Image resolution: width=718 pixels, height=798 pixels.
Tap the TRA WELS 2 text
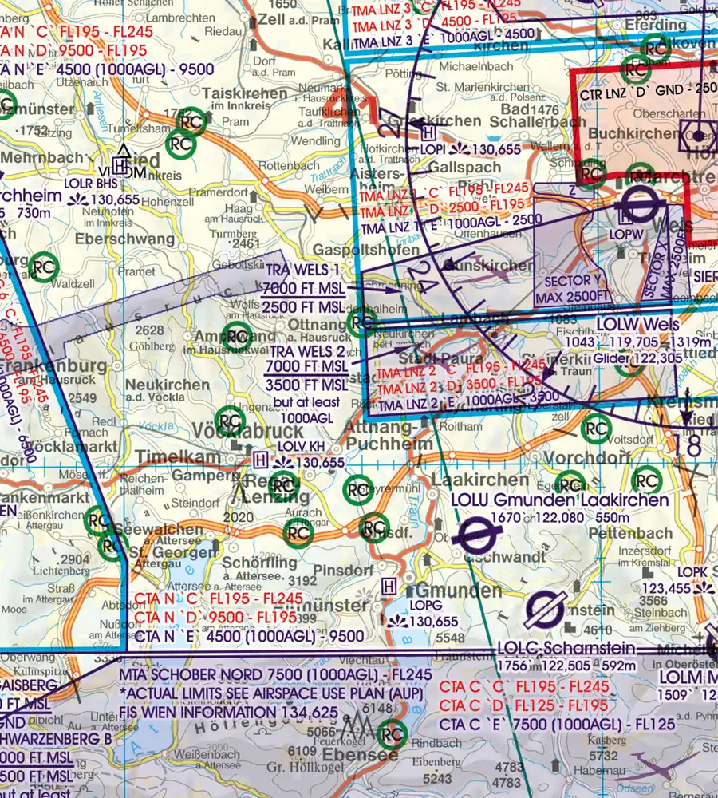click(307, 351)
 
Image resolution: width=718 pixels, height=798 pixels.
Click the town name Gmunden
click(458, 592)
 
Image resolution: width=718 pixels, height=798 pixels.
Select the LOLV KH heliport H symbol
click(260, 460)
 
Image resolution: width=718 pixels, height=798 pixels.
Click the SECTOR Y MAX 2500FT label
click(578, 288)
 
